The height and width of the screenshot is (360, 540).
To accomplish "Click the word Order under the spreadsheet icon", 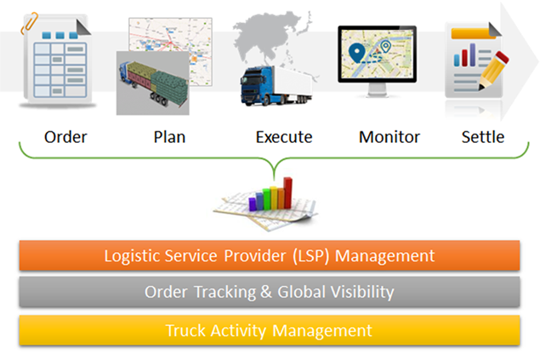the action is (x=65, y=137).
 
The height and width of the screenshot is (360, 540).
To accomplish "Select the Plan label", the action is (x=169, y=137).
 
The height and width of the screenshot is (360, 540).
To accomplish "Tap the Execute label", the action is (x=284, y=137).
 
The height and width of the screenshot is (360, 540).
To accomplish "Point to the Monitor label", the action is (x=389, y=137).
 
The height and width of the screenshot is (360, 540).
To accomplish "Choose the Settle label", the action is (x=483, y=137).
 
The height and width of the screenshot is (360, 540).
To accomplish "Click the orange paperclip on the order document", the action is (x=30, y=23).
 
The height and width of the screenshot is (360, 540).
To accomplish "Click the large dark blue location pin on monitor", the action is (x=357, y=53).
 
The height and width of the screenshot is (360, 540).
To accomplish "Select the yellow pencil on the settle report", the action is (x=493, y=71).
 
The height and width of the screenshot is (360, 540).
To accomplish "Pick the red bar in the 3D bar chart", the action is (x=287, y=193).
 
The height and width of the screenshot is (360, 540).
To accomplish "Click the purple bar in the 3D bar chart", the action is (x=253, y=204).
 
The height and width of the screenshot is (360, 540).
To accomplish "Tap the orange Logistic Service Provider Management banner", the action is (x=270, y=255).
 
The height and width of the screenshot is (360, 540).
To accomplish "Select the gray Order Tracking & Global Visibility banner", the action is (x=270, y=292).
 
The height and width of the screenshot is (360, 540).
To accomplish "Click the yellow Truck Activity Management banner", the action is (x=270, y=330).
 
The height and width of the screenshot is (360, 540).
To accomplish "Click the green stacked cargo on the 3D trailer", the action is (x=170, y=85).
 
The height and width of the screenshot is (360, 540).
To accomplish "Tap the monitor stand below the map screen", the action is (x=378, y=90).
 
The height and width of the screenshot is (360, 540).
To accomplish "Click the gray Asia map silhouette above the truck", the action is (x=269, y=38).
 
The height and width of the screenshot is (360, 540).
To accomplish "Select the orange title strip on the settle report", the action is (x=473, y=34).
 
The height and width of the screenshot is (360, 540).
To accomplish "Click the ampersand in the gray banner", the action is (x=266, y=292).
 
